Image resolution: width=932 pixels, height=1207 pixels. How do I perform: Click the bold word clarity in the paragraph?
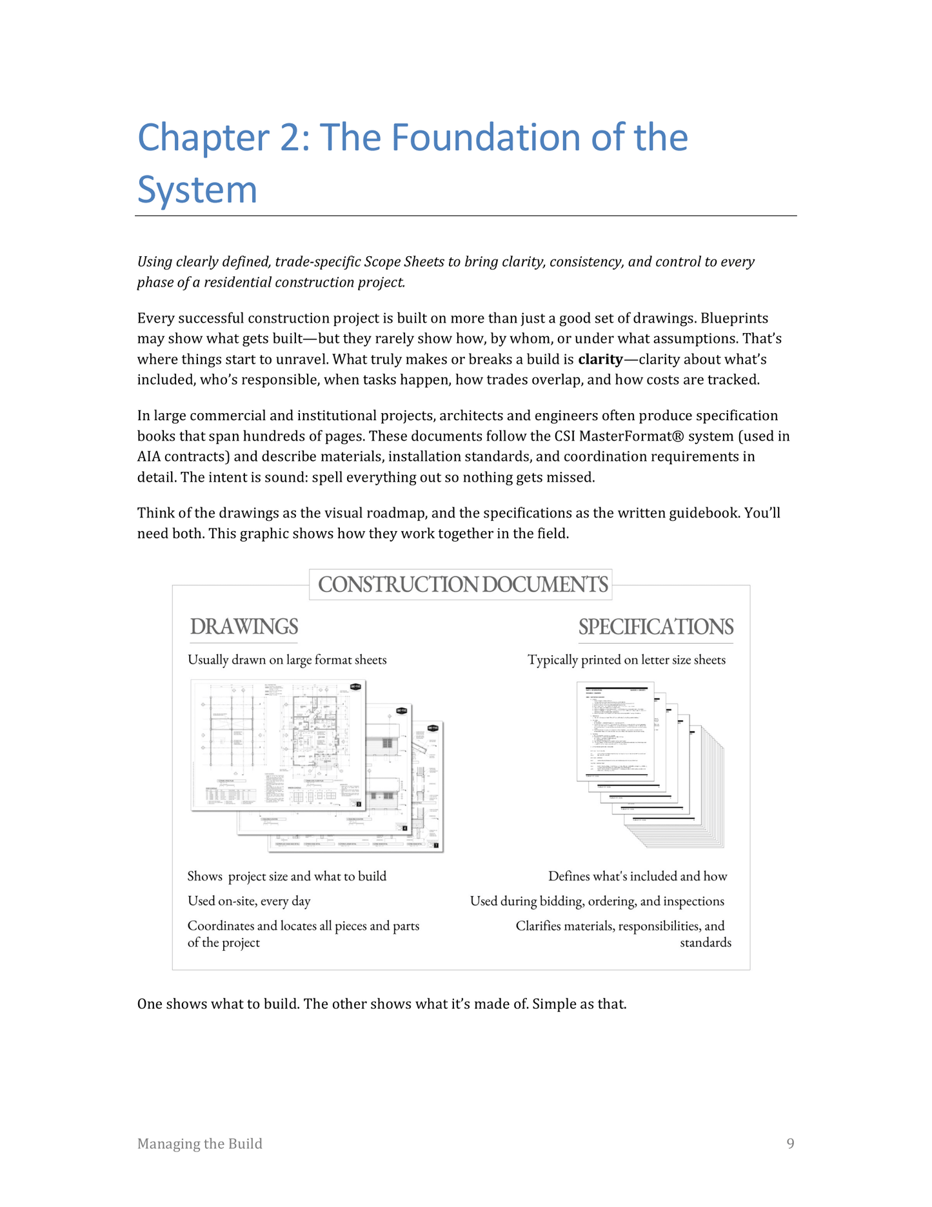click(600, 359)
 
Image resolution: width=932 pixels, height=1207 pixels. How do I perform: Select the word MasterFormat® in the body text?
click(631, 436)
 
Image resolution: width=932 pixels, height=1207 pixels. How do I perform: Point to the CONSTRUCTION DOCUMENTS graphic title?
click(462, 584)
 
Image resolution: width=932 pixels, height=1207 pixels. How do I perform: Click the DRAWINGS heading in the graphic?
click(244, 627)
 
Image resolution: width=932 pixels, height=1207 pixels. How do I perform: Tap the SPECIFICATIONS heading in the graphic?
click(655, 627)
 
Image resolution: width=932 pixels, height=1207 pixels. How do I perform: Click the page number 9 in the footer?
click(790, 1144)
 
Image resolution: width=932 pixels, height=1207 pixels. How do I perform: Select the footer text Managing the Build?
click(200, 1144)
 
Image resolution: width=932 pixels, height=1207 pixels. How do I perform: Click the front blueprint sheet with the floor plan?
click(279, 744)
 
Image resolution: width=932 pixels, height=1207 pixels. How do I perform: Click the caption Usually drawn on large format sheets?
click(287, 660)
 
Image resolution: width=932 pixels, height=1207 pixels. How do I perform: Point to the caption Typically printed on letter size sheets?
click(626, 660)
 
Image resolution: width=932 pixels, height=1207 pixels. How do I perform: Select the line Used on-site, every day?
click(249, 901)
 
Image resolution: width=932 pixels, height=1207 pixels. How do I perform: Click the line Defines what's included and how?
click(637, 876)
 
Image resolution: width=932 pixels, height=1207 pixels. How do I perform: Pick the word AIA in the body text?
click(149, 456)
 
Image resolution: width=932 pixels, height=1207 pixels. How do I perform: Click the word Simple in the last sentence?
click(553, 1004)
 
